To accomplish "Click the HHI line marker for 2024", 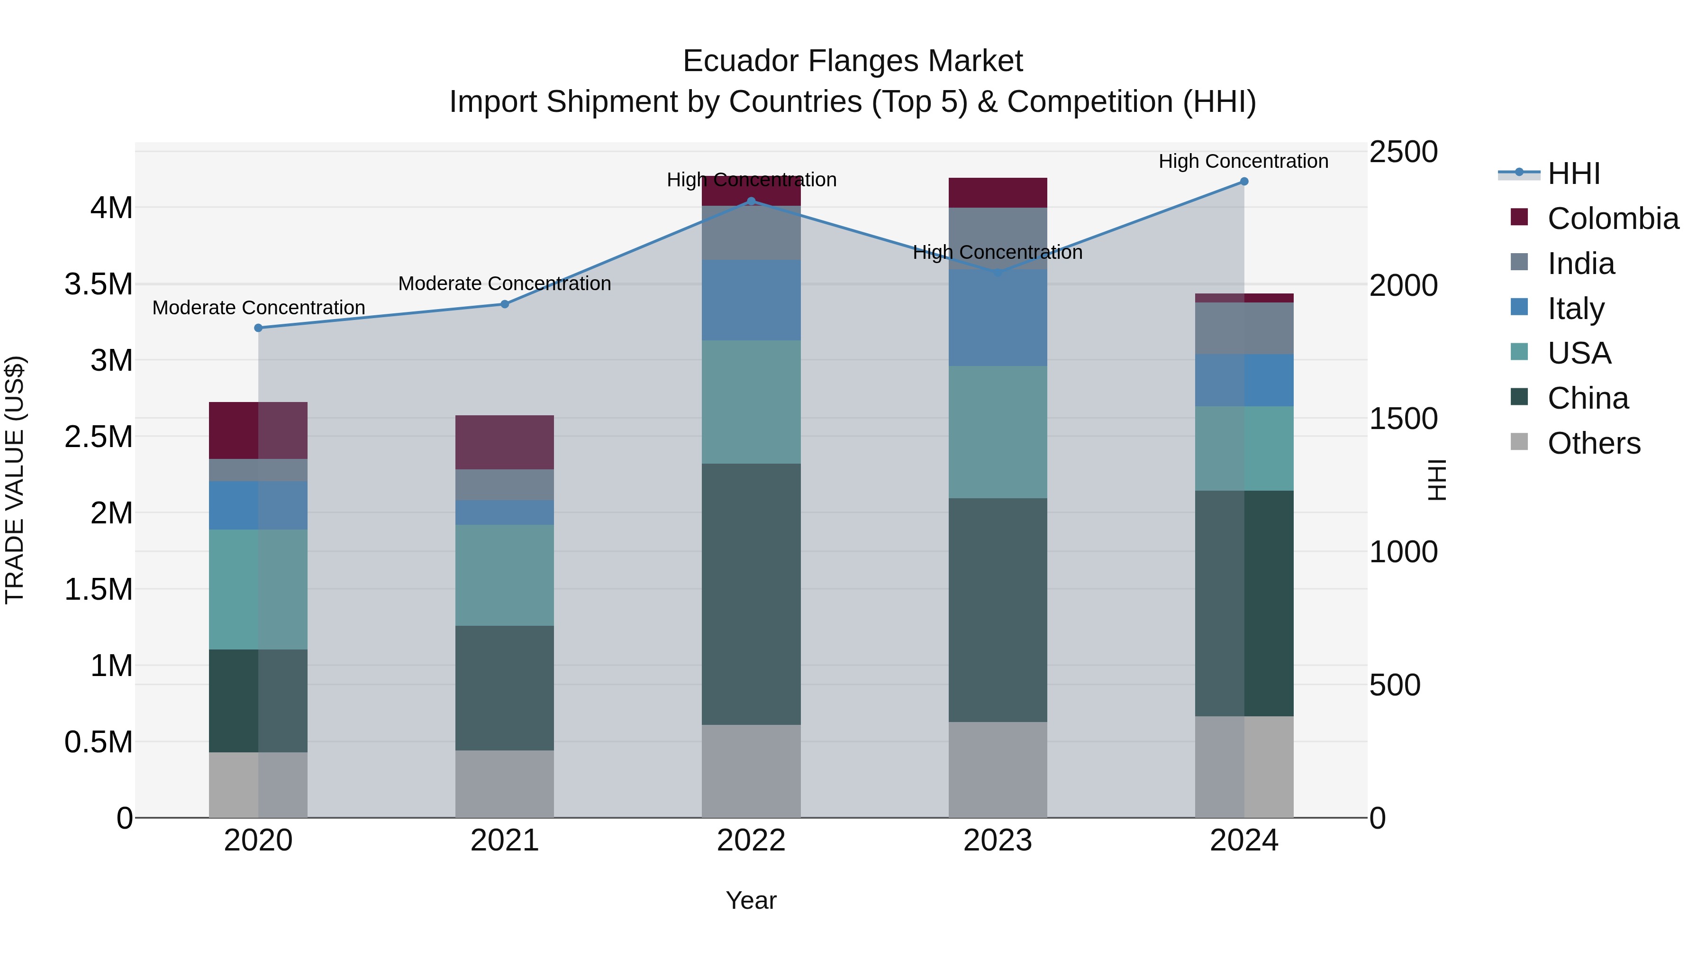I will tap(1244, 182).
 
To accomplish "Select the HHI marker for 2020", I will tap(258, 328).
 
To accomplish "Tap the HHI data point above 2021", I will tap(505, 304).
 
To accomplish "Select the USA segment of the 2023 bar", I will tap(998, 432).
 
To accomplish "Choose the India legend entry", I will tap(1581, 264).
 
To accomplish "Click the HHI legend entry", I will tap(1573, 174).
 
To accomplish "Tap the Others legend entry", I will tap(1593, 443).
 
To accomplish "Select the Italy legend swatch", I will tap(1519, 307).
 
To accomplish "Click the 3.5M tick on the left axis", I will tap(99, 284).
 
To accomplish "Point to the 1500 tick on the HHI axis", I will tap(1403, 419).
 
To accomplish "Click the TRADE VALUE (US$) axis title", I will tap(15, 480).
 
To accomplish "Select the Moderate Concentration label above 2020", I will tap(258, 308).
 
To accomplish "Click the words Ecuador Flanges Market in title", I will tap(853, 61).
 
